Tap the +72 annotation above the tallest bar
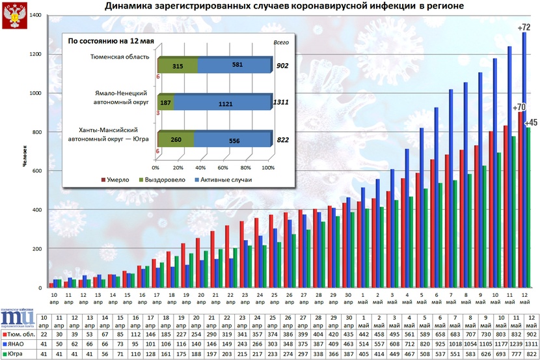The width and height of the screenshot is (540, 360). point(524,27)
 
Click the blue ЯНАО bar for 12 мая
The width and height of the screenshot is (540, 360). point(524,163)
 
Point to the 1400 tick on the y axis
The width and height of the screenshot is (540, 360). point(32,15)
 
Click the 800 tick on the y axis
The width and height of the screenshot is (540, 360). point(34,132)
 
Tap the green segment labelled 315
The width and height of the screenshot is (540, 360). point(176,66)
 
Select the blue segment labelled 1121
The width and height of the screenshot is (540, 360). point(226,103)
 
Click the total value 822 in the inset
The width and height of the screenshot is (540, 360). point(282,140)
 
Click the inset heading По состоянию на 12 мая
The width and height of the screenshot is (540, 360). point(111,41)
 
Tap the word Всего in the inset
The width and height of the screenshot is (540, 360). point(280,41)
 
